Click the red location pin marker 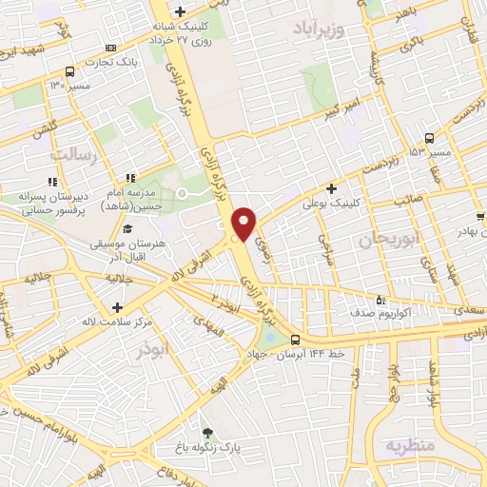(x=244, y=223)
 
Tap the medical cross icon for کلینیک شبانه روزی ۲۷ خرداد (x=180, y=11)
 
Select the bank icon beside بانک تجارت (x=111, y=47)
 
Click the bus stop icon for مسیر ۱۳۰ (x=69, y=71)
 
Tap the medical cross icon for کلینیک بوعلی (x=331, y=188)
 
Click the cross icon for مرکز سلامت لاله (x=117, y=307)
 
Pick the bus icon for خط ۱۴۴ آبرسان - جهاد (x=295, y=340)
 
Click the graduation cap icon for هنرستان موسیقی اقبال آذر (x=127, y=229)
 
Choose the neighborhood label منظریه (x=410, y=444)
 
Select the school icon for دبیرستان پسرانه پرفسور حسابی (x=52, y=180)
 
